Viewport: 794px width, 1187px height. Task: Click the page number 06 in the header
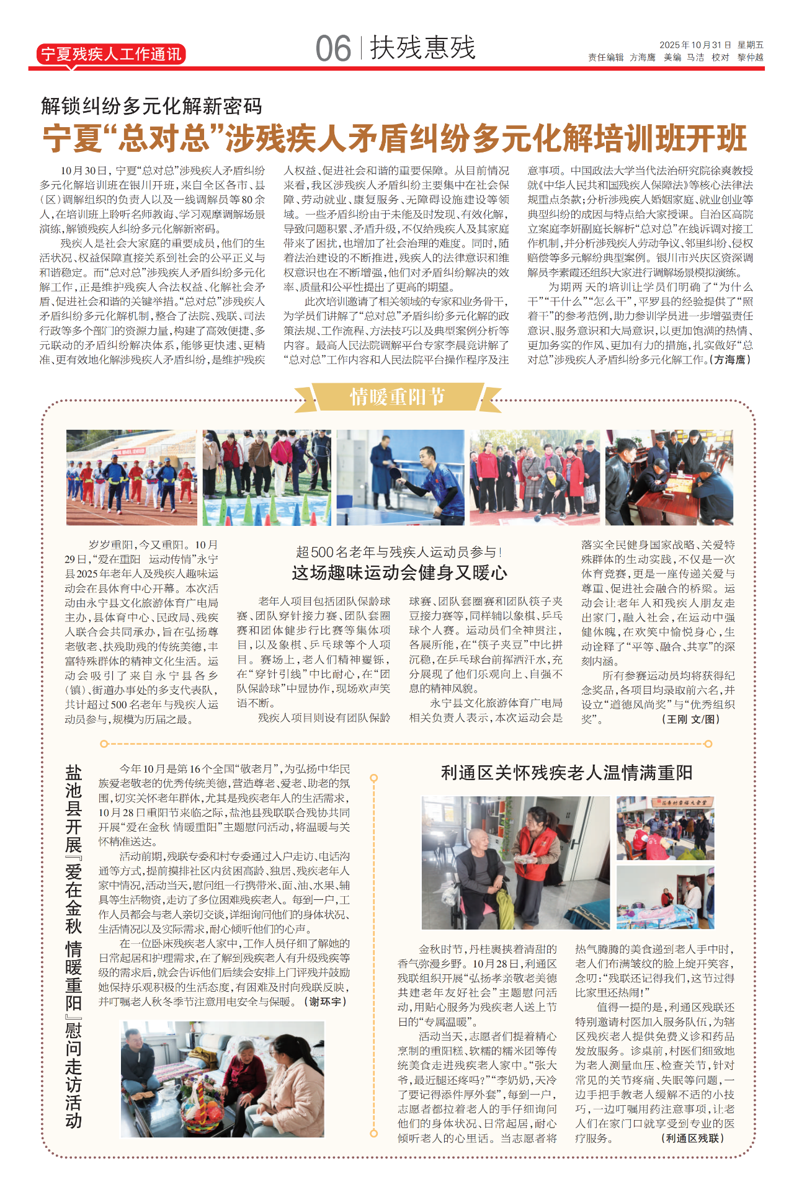pos(333,49)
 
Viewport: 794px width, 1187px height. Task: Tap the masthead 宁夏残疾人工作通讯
pos(111,55)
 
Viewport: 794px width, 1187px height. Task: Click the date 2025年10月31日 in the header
pos(695,45)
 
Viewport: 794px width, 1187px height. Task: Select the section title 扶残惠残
pos(422,48)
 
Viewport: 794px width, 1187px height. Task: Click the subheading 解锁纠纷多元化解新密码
pos(152,106)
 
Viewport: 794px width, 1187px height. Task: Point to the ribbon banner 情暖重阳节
pos(397,397)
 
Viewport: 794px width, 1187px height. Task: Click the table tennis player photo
pos(400,478)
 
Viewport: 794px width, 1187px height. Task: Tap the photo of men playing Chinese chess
pos(669,478)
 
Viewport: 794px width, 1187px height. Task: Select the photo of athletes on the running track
pos(131,478)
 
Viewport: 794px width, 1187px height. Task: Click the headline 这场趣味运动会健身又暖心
pos(399,572)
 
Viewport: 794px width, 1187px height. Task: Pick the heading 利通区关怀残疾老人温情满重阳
pos(566,773)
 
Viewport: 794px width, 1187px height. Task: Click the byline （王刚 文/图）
pos(690,719)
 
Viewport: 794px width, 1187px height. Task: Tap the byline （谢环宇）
pos(326,1002)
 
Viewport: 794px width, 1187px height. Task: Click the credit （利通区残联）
pos(692,1138)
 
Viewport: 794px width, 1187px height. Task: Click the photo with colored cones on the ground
pos(266,478)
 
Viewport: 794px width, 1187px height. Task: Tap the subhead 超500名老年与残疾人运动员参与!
pos(399,552)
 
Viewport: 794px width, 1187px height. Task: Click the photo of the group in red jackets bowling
pos(535,478)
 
